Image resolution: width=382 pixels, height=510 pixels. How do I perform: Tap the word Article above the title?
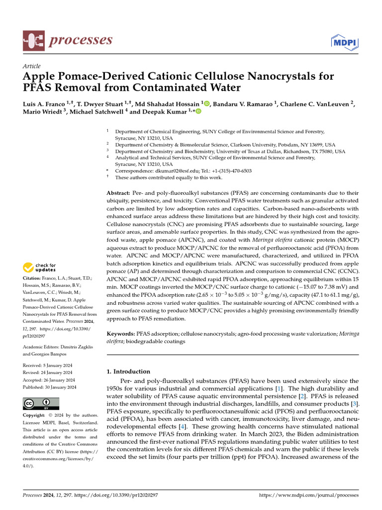tap(32, 66)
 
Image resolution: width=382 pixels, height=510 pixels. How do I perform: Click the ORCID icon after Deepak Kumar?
tap(199, 112)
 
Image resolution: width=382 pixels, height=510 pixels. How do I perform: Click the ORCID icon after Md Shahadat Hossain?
tap(206, 104)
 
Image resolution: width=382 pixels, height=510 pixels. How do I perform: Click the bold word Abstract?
tap(118, 193)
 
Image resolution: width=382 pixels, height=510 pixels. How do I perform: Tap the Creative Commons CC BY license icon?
tap(41, 404)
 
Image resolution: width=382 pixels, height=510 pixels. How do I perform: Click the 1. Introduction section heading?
tap(129, 372)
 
